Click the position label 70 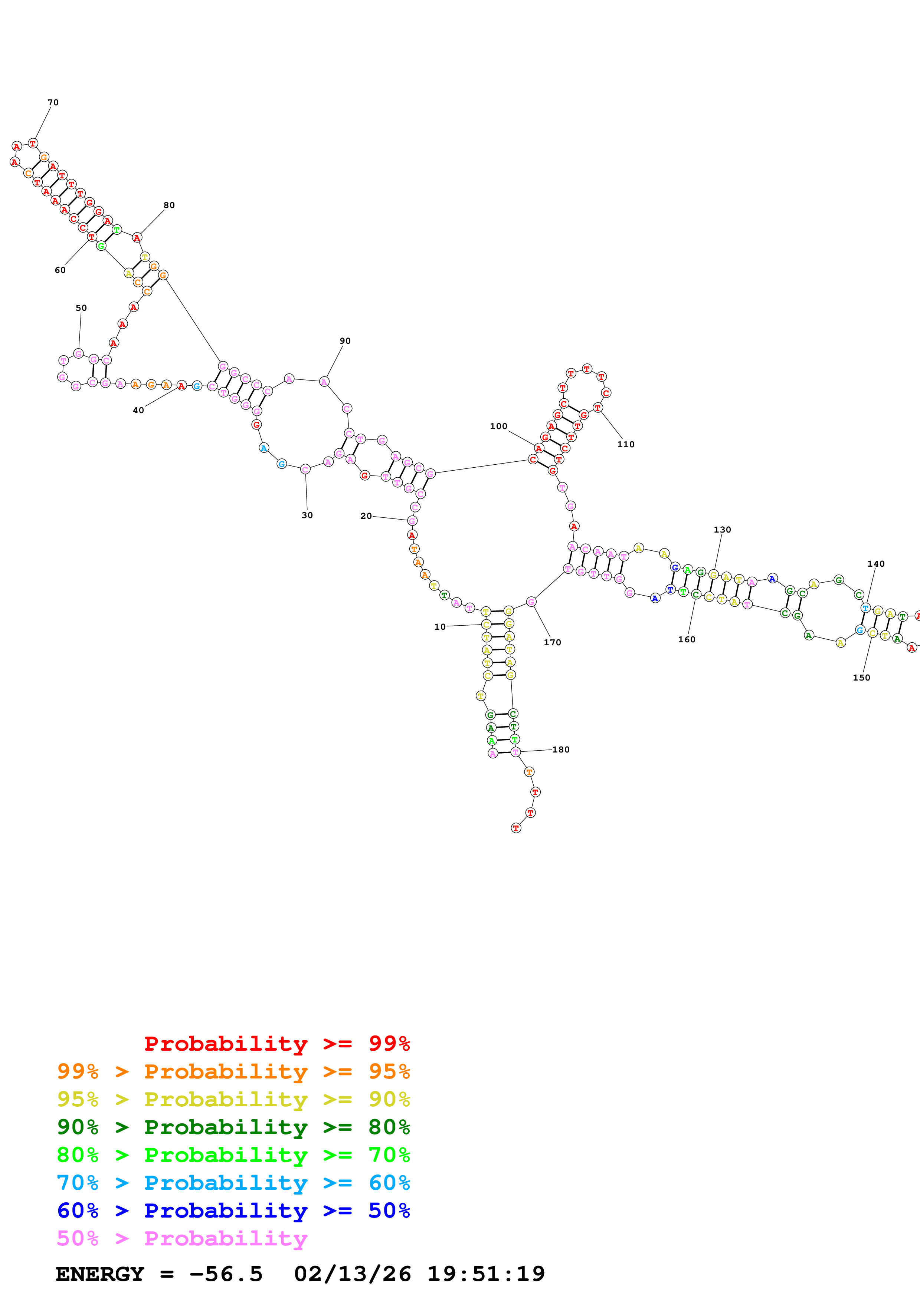point(53,103)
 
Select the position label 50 point(81,308)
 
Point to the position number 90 point(345,341)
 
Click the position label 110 point(625,444)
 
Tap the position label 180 point(561,750)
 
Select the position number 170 point(552,643)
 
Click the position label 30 point(307,515)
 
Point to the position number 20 point(366,516)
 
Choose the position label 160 point(687,640)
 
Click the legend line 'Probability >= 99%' point(276,1043)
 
